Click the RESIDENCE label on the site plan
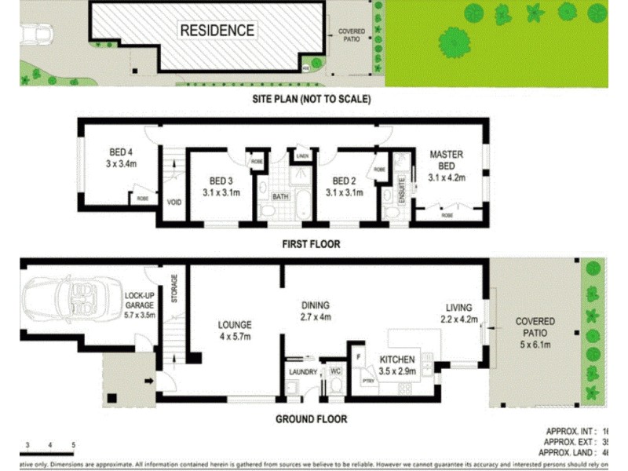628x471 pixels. (217, 31)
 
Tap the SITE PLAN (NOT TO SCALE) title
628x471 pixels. (311, 100)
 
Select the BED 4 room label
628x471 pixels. (122, 159)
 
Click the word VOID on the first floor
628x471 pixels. (174, 202)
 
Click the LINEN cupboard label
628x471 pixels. (302, 156)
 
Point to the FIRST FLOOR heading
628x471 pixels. (311, 244)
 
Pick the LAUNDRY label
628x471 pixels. (303, 371)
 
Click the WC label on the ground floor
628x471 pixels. (335, 371)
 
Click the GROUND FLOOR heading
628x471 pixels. (311, 419)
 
